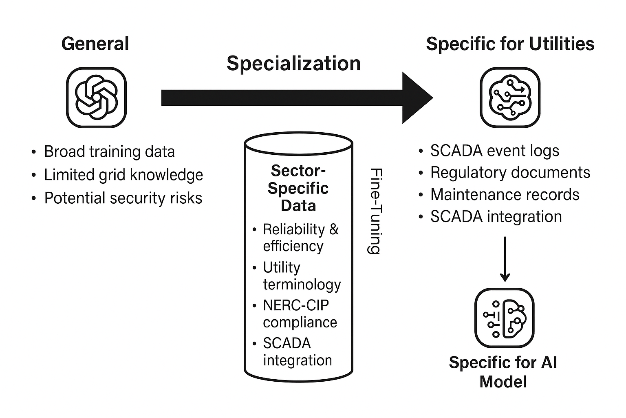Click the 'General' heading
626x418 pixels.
[x=95, y=44]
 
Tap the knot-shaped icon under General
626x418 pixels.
[x=96, y=98]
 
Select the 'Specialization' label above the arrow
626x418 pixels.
[x=293, y=64]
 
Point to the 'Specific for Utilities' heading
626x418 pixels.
[x=510, y=44]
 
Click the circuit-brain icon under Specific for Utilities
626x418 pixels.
[x=510, y=98]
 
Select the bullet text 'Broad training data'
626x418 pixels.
[x=109, y=151]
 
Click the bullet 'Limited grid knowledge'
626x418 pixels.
[x=123, y=175]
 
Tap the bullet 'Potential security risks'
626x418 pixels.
[x=123, y=198]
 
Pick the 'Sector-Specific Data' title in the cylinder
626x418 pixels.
[x=298, y=188]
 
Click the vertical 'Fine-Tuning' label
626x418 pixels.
[x=374, y=211]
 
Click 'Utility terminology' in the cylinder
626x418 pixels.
[x=301, y=276]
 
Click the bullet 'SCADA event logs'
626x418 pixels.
[x=494, y=151]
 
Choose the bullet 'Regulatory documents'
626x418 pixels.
[x=510, y=172]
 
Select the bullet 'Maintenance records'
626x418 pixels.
[x=505, y=194]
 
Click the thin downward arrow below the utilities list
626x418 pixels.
[x=505, y=259]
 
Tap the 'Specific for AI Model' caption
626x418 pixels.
[x=503, y=372]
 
